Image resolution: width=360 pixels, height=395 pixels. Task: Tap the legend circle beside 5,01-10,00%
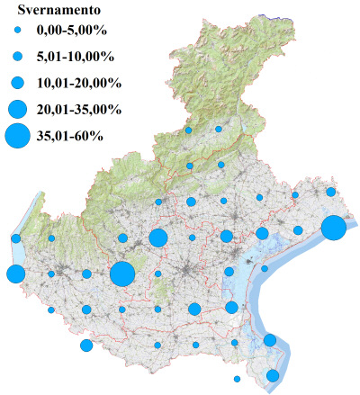pos(17,57)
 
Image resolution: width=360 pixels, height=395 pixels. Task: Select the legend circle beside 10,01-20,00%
pos(17,83)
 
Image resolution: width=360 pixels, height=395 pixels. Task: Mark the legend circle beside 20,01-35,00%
pos(17,110)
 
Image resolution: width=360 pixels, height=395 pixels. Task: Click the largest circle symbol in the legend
pos(17,137)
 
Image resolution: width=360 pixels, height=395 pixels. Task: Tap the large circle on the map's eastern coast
pos(333,228)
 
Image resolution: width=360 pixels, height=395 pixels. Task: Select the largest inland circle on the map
pos(122,274)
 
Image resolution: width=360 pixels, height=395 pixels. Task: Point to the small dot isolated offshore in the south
pos(237,379)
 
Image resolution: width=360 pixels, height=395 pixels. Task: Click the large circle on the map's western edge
pos(15,274)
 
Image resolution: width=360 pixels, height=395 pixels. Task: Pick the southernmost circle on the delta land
pos(273,375)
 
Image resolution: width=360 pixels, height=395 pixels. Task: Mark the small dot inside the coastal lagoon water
pos(265,268)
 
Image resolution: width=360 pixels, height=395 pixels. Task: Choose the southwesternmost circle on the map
pos(86,346)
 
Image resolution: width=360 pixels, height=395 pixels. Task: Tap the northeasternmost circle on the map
pos(331,192)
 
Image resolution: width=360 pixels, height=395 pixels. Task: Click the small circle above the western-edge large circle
pos(16,238)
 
